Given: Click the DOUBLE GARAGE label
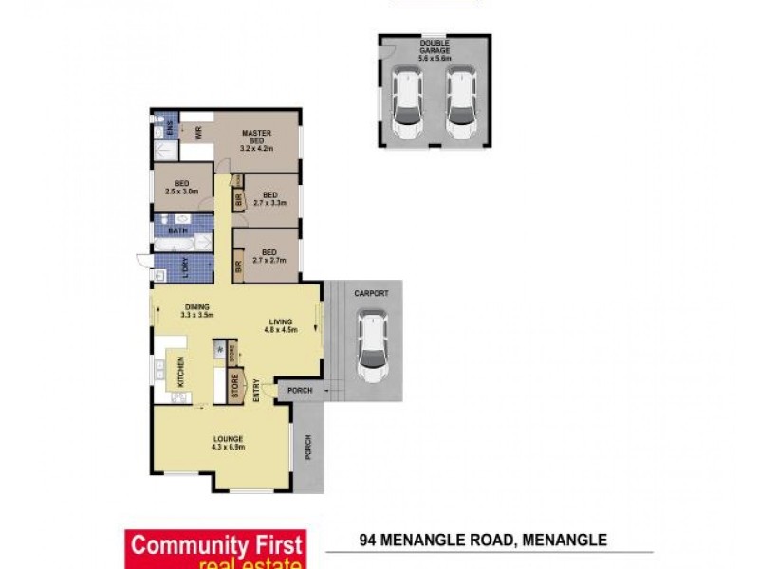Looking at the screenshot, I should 435,48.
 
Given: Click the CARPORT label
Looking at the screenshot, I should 372,294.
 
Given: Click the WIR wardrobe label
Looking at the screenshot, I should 198,134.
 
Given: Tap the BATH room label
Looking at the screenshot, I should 177,229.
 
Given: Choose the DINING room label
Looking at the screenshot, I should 197,307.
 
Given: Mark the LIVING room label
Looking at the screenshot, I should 280,322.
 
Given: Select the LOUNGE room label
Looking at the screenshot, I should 229,438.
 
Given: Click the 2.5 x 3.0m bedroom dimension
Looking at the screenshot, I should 181,191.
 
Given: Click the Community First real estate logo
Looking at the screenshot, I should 215,549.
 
